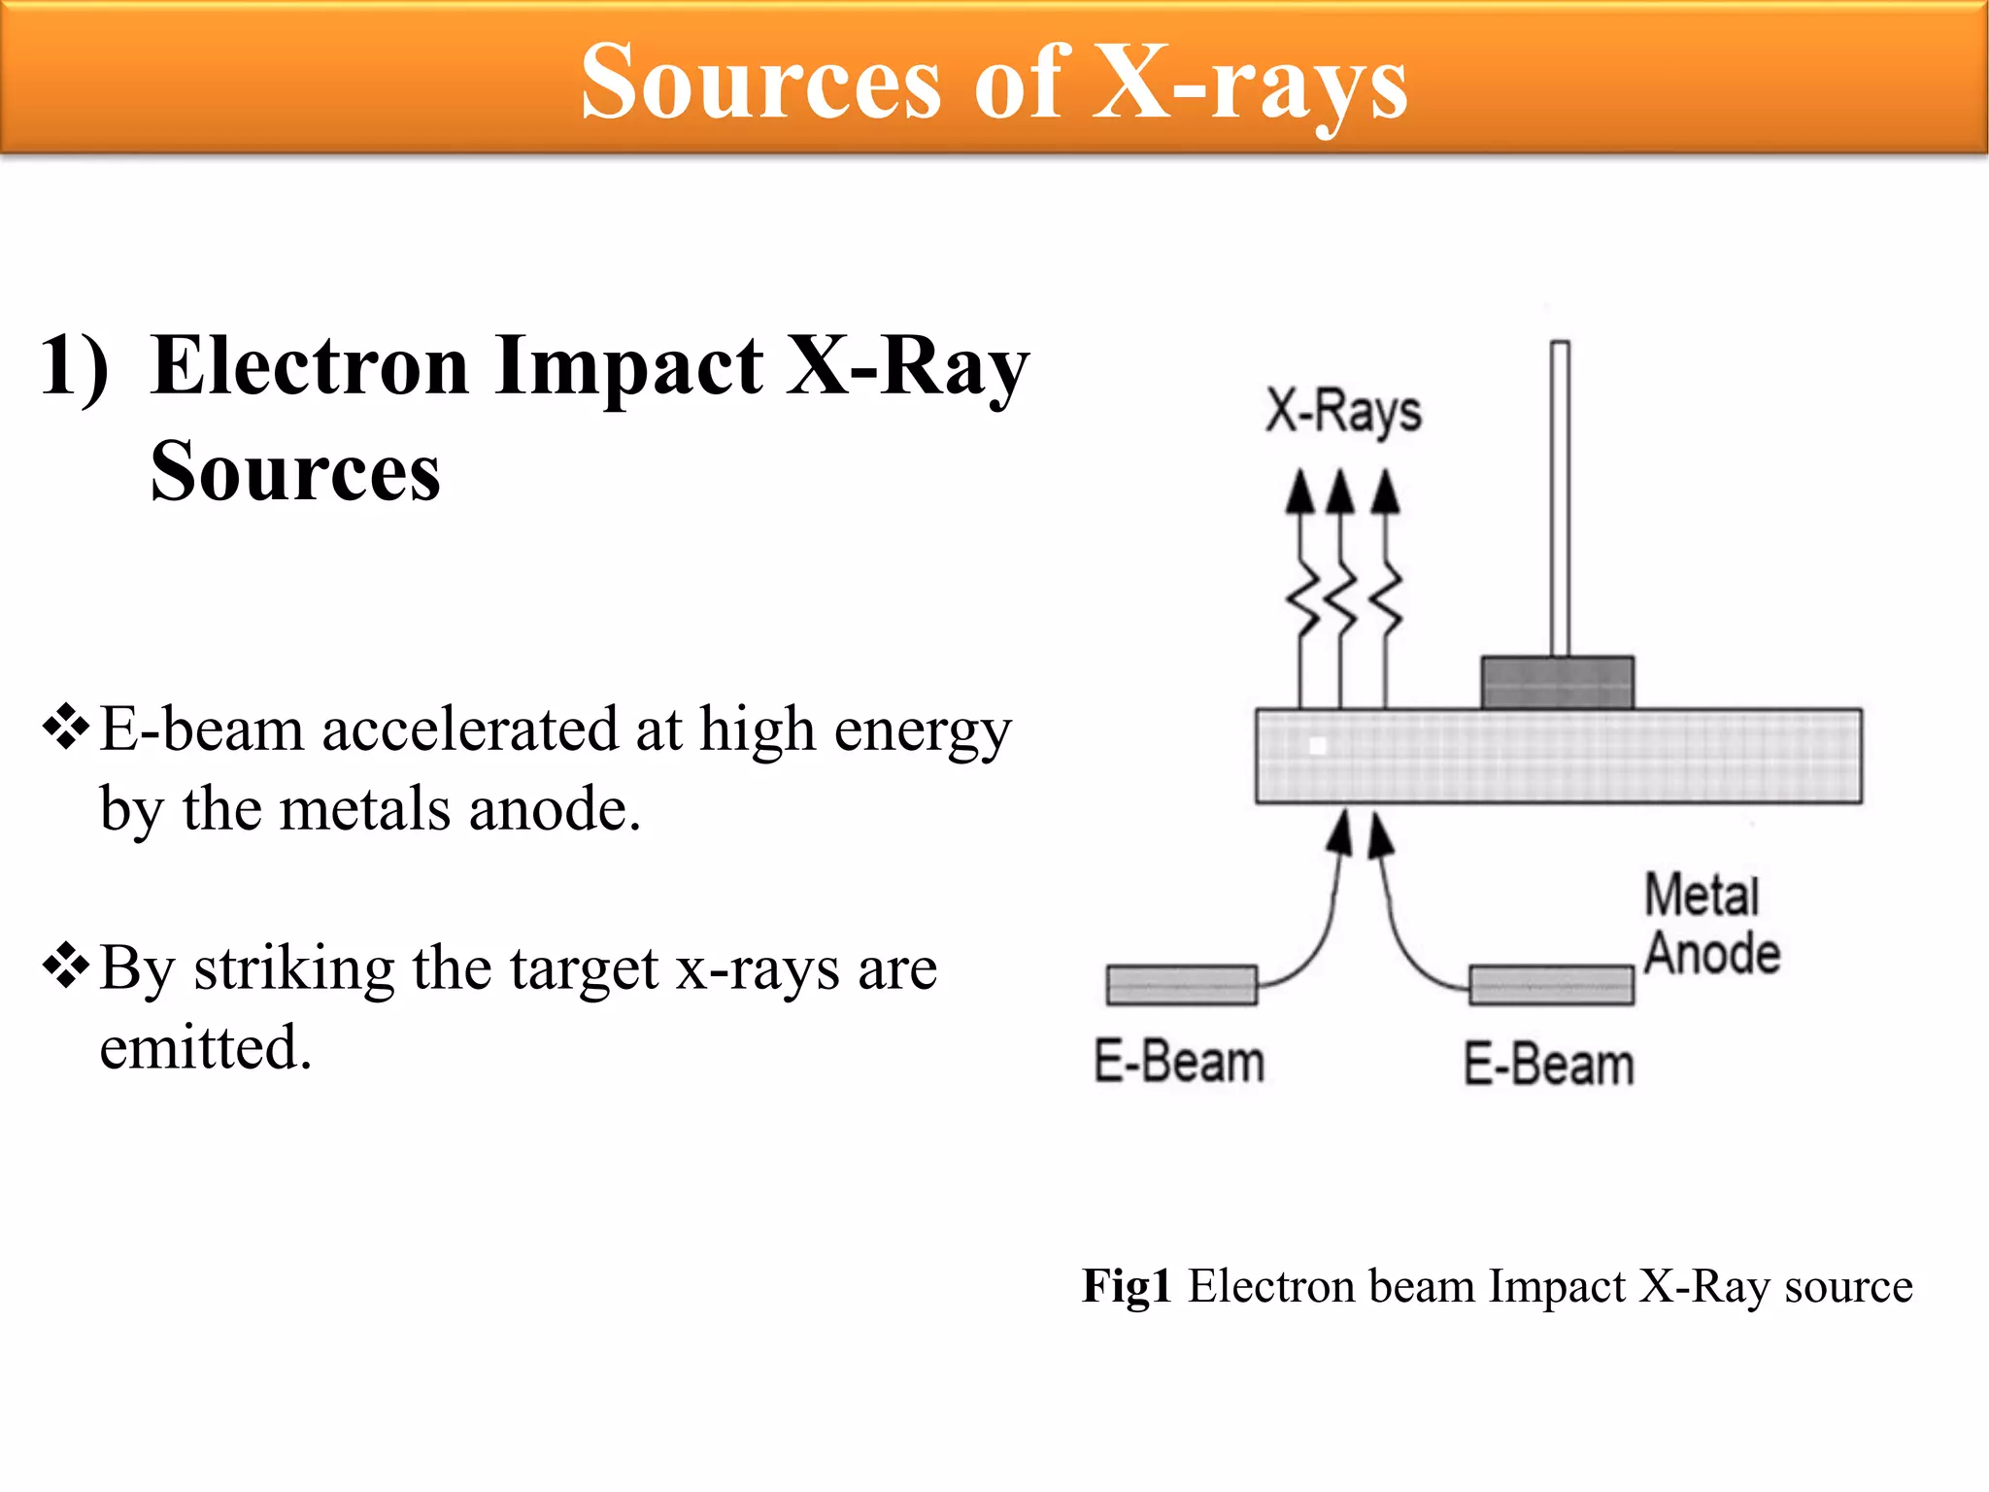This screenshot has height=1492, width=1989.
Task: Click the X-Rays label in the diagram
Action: click(1343, 412)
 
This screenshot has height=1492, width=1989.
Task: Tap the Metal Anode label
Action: click(1711, 924)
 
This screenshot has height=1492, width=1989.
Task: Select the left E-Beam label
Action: click(1179, 1062)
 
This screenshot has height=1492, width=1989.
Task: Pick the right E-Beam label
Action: click(1549, 1064)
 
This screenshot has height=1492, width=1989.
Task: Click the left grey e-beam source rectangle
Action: click(1182, 985)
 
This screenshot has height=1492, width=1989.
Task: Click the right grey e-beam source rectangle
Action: click(1551, 985)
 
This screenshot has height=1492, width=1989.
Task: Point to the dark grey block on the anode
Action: click(1557, 683)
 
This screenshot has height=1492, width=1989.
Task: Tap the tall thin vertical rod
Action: click(1560, 497)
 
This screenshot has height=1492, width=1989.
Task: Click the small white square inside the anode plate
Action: click(1318, 746)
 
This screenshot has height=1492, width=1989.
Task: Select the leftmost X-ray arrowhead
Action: click(1299, 492)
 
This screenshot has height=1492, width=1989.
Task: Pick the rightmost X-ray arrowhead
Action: click(1386, 492)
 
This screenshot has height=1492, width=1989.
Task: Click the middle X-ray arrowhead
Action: click(1340, 492)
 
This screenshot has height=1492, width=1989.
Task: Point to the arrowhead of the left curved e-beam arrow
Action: click(1341, 834)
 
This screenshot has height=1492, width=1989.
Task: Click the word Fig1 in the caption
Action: click(1127, 1286)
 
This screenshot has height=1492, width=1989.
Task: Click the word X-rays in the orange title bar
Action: click(1251, 84)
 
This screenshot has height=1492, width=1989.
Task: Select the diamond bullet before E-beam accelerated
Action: click(66, 727)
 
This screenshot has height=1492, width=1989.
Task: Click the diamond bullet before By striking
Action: click(66, 966)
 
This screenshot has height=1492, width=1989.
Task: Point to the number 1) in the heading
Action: click(74, 367)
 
